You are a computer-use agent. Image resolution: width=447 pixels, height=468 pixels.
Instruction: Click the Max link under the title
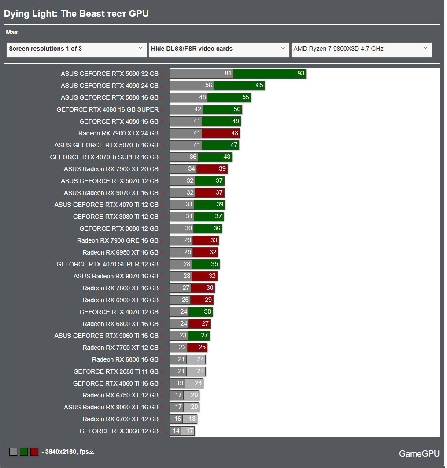point(12,32)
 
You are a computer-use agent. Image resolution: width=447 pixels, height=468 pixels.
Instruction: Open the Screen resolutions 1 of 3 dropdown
point(76,49)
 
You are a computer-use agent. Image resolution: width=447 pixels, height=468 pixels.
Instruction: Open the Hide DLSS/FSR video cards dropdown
point(218,49)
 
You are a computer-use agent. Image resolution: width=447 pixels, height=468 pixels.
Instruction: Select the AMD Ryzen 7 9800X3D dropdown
point(361,49)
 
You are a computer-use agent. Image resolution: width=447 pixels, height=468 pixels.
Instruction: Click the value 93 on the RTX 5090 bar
point(301,74)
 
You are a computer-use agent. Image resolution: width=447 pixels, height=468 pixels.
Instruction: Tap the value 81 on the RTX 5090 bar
point(228,74)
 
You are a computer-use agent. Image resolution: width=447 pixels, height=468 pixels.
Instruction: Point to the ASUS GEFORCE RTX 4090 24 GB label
point(109,86)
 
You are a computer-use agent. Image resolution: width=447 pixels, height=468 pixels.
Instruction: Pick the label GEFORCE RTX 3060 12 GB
point(118,431)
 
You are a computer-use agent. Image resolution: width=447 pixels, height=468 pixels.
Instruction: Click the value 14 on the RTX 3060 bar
point(176,431)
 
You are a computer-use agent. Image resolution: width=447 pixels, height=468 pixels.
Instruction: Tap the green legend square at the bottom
point(24,452)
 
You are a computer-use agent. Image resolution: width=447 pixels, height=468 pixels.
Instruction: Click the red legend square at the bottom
point(34,452)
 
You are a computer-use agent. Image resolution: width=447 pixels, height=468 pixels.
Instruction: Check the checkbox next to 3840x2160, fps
point(92,451)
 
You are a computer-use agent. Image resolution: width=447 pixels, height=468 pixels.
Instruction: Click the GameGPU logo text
point(419,453)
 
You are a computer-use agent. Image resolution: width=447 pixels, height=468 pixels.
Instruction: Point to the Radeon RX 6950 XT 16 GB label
point(120,252)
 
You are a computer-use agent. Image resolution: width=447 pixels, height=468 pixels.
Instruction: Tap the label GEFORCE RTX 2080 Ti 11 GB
point(116,371)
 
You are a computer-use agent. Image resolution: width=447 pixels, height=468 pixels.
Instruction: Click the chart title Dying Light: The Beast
point(76,14)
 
